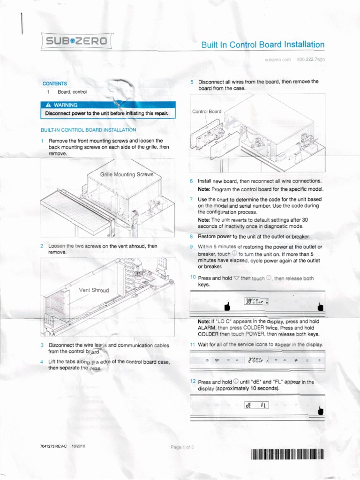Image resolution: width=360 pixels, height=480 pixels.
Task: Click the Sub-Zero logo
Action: pyautogui.click(x=75, y=41)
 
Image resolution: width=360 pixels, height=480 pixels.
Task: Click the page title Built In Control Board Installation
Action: pyautogui.click(x=262, y=45)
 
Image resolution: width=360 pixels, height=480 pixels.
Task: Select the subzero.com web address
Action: pyautogui.click(x=278, y=60)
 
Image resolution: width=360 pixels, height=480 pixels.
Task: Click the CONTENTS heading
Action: pyautogui.click(x=55, y=83)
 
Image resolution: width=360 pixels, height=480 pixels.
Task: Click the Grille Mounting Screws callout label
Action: pyautogui.click(x=127, y=174)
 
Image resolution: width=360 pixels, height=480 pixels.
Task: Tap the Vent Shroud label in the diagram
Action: pyautogui.click(x=94, y=290)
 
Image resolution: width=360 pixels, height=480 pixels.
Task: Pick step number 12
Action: pyautogui.click(x=192, y=381)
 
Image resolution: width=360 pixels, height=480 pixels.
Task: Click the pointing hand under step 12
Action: pyautogui.click(x=321, y=411)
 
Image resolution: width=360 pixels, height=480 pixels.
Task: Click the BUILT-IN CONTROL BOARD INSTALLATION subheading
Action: pyautogui.click(x=89, y=129)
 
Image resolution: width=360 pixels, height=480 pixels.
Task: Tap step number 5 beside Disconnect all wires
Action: pyautogui.click(x=192, y=82)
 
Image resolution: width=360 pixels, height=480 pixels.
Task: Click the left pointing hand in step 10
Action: pyautogui.click(x=228, y=307)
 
